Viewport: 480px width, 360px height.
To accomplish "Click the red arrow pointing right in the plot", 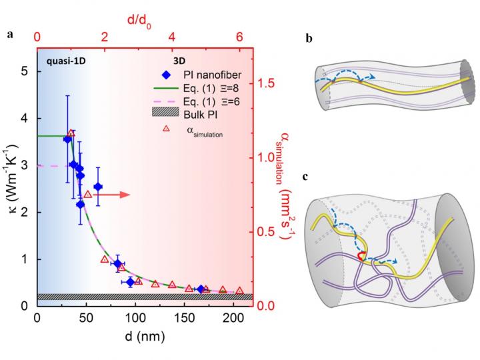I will coord(113,195).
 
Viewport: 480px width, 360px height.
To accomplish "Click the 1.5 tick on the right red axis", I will coord(265,83).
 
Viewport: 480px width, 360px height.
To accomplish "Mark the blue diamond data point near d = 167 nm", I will coord(201,289).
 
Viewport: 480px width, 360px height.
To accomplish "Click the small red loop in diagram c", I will coord(360,256).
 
